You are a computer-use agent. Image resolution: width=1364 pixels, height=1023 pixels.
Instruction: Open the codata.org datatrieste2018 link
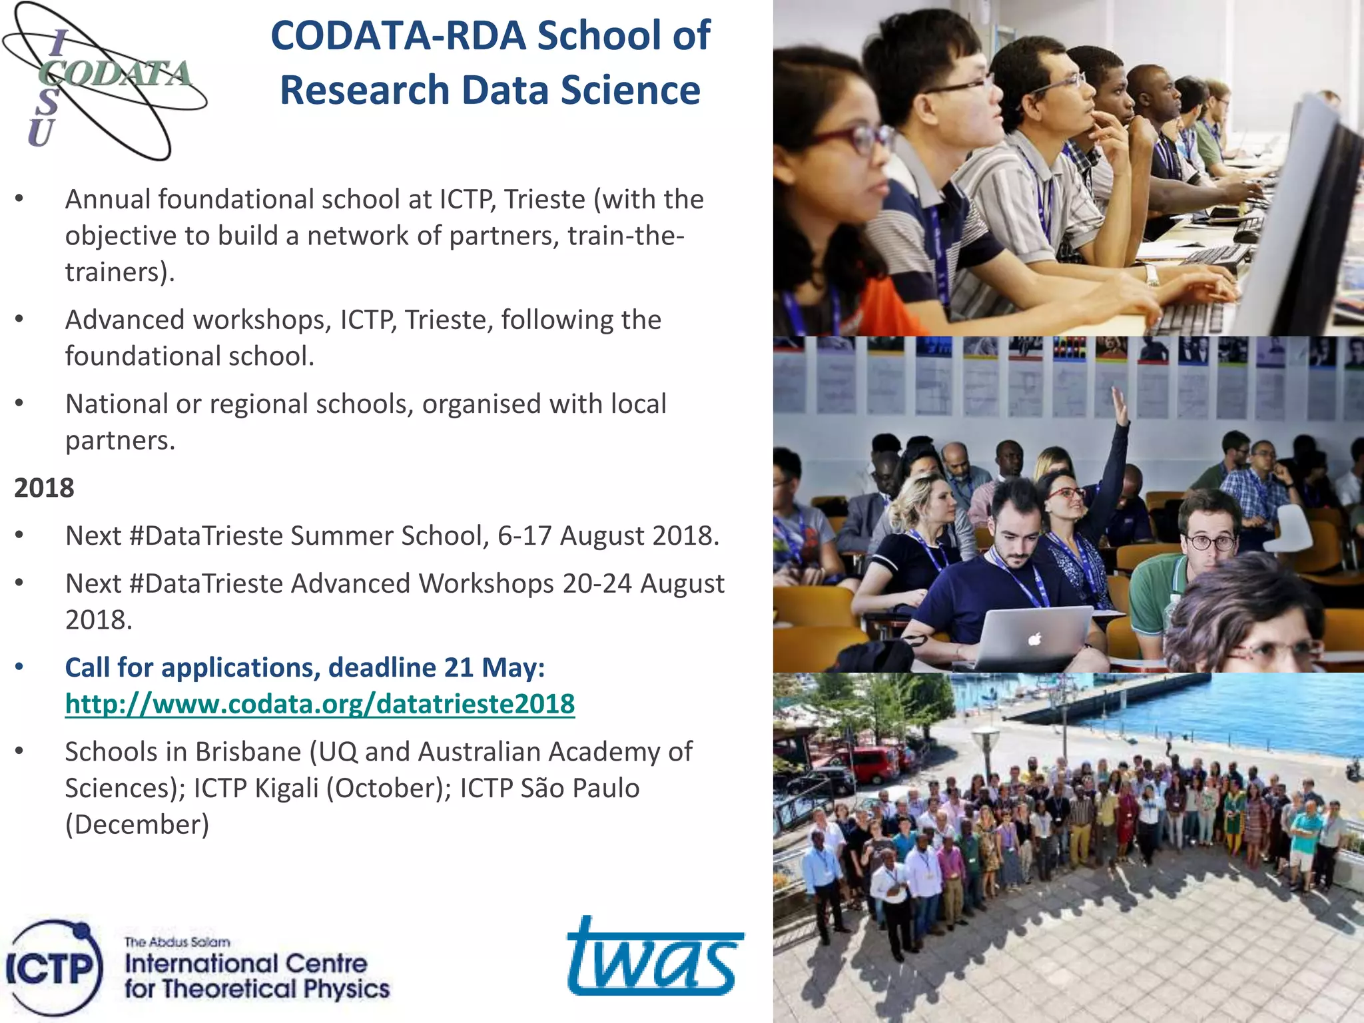click(320, 704)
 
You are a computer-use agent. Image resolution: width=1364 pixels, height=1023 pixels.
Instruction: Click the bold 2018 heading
click(44, 488)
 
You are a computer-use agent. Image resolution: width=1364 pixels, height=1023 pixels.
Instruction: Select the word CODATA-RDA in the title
click(398, 36)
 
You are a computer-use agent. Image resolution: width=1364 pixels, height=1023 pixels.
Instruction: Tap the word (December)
click(137, 825)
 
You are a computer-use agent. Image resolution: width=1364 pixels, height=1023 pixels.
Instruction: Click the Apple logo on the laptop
click(1034, 640)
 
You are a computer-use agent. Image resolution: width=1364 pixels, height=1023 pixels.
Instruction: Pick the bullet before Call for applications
click(20, 667)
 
